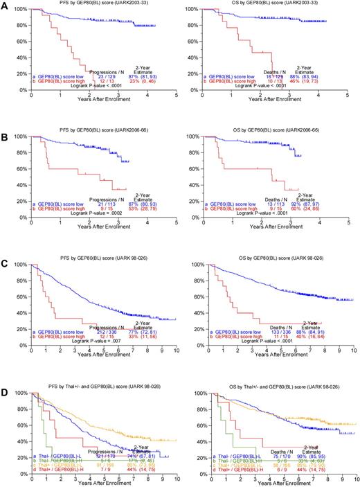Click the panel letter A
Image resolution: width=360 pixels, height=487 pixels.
pos(6,6)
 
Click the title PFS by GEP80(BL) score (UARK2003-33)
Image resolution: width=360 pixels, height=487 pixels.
pos(97,5)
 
